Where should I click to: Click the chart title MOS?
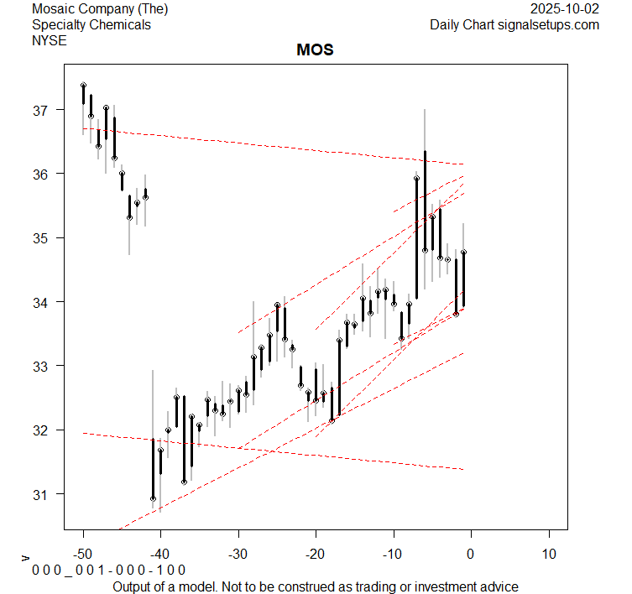tap(315, 49)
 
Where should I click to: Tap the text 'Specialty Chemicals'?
tap(91, 24)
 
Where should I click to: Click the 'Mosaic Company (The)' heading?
tap(100, 9)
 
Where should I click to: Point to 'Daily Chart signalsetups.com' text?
tap(514, 24)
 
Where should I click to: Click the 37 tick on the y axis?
tap(42, 110)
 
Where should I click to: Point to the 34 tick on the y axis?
tap(42, 302)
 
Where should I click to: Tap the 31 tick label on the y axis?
tap(42, 494)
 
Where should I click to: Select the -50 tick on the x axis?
tap(83, 554)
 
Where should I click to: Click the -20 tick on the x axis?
tap(316, 554)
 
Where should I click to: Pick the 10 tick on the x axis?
tap(548, 554)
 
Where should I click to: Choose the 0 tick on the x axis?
tap(471, 554)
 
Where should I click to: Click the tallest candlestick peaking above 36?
tap(425, 201)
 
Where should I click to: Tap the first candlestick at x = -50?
tap(83, 94)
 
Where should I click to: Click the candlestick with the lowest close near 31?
tap(153, 470)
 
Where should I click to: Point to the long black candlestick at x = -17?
tap(339, 378)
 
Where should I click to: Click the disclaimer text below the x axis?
tap(315, 586)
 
